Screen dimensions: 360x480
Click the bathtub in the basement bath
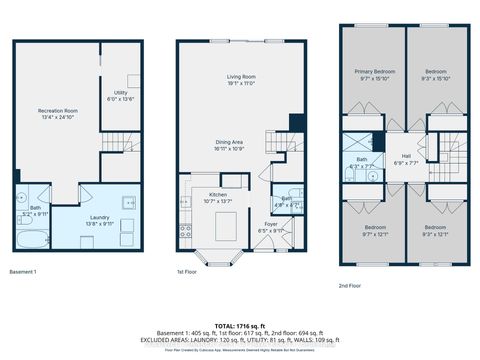33,240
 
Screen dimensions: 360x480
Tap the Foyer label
271,226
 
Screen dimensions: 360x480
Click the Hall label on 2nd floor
407,160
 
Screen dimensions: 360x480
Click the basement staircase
120,145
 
